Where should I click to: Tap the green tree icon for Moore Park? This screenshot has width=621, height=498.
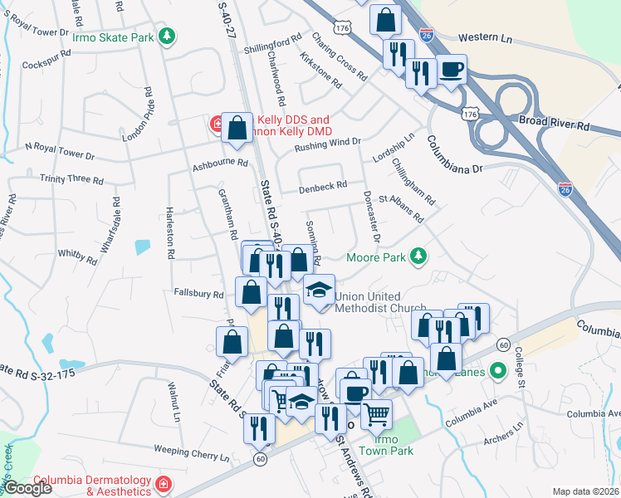(420, 256)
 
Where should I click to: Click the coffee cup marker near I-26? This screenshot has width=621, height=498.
(452, 70)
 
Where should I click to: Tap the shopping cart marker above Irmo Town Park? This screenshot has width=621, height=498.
(377, 413)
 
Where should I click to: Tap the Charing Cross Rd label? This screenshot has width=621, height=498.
(340, 56)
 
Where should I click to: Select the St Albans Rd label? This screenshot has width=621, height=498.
(401, 208)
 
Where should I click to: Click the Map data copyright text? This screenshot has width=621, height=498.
(585, 491)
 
